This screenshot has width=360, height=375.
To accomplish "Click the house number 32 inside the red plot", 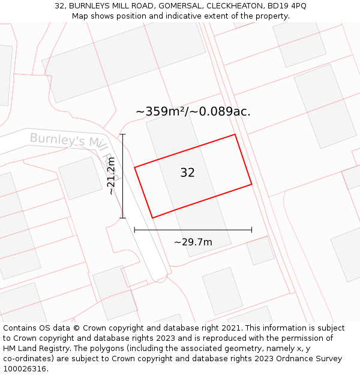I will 187,173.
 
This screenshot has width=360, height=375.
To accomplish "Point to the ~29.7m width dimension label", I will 193,242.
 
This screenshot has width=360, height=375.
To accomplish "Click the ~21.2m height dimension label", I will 111,176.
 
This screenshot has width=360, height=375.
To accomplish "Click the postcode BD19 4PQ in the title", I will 286,6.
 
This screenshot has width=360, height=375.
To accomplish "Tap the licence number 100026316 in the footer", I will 25,369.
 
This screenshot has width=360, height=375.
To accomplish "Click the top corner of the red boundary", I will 235,134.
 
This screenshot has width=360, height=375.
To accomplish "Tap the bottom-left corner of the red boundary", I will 152,218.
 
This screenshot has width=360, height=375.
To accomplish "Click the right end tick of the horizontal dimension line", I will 251,230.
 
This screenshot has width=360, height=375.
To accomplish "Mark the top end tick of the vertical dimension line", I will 122,134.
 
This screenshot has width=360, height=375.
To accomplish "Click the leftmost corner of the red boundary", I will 134,167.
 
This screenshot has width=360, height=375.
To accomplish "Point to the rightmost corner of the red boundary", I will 251,185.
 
